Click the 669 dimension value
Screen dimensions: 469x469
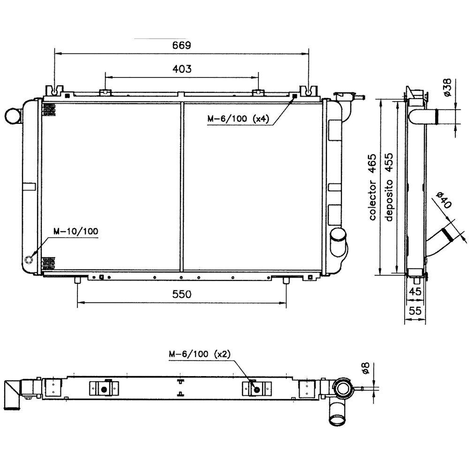(182, 45)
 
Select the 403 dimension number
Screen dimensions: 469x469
(182, 69)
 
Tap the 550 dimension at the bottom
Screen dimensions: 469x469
(182, 295)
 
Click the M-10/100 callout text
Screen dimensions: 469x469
(76, 231)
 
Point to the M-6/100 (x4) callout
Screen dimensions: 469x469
(238, 119)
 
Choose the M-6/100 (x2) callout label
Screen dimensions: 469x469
(200, 354)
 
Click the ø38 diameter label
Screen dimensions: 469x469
(447, 87)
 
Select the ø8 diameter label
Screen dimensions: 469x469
(366, 368)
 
